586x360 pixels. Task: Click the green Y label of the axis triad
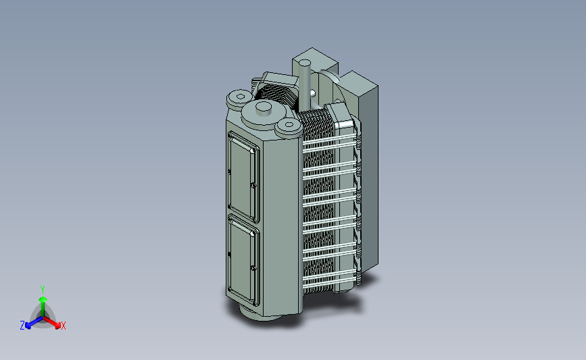pyautogui.click(x=42, y=290)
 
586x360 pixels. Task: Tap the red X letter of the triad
pyautogui.click(x=63, y=326)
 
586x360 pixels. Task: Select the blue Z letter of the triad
pyautogui.click(x=22, y=326)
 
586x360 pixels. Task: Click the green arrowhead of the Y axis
pyautogui.click(x=43, y=299)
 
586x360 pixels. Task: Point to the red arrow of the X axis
pyautogui.click(x=51, y=322)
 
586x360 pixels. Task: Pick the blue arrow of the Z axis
pyautogui.click(x=34, y=322)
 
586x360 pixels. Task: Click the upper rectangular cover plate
pyautogui.click(x=243, y=176)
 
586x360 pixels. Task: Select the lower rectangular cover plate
pyautogui.click(x=243, y=260)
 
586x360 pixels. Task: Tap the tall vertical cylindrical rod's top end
pyautogui.click(x=306, y=63)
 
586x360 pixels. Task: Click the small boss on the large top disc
pyautogui.click(x=264, y=108)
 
